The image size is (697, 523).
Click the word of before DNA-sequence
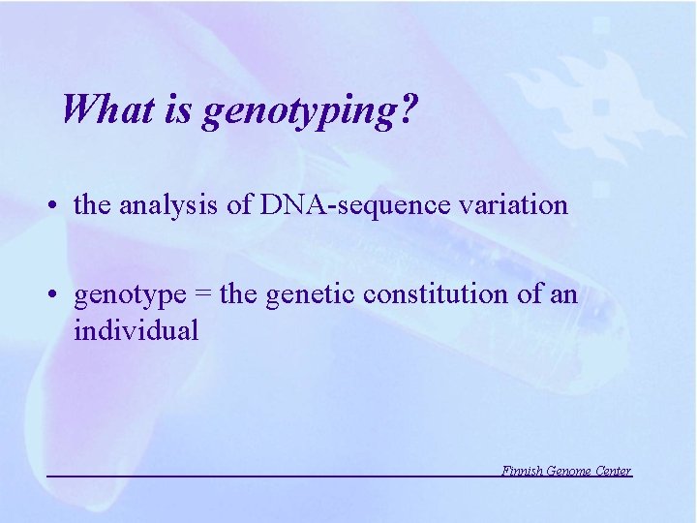click(x=242, y=205)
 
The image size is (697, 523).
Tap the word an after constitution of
click(x=561, y=294)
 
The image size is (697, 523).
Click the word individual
click(x=136, y=330)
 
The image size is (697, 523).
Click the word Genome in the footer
click(x=568, y=471)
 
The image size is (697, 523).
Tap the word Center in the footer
click(x=613, y=471)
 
